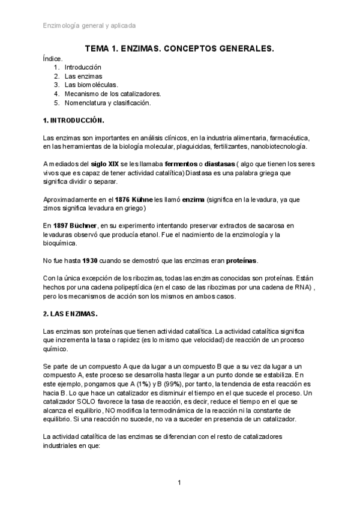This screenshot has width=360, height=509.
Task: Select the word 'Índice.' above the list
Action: coord(53,59)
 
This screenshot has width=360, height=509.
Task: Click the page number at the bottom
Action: coord(179,483)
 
